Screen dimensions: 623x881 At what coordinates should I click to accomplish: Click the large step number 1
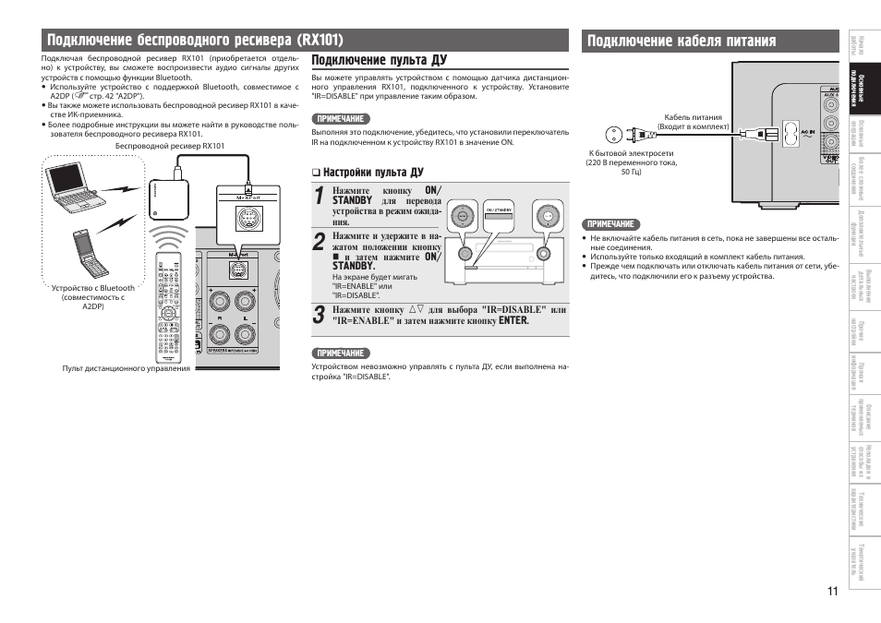319,197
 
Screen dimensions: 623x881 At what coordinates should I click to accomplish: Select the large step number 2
319,243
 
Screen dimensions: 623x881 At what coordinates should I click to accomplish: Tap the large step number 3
319,315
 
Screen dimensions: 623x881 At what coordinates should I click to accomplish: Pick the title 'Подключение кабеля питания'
681,40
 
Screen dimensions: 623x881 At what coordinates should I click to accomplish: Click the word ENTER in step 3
513,321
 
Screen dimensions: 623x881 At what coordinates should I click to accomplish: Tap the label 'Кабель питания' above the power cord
693,117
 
